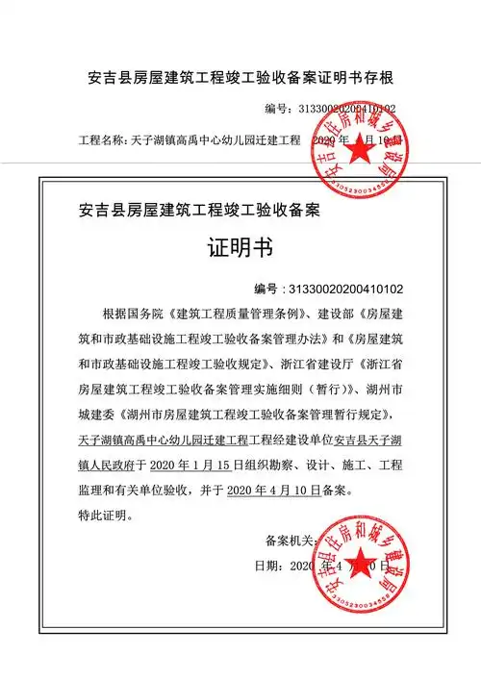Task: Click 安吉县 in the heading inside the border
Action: point(103,208)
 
